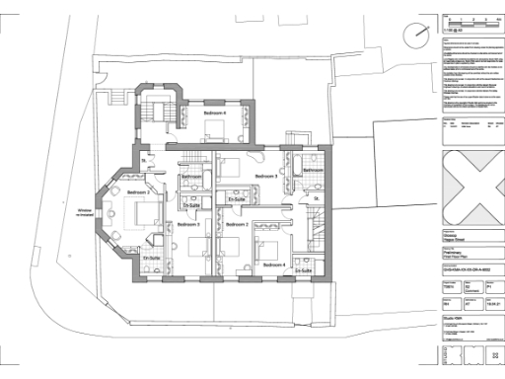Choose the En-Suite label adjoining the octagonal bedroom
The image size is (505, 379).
click(x=151, y=259)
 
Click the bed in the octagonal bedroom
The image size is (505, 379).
click(x=141, y=211)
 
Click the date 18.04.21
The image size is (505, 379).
click(x=484, y=306)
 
